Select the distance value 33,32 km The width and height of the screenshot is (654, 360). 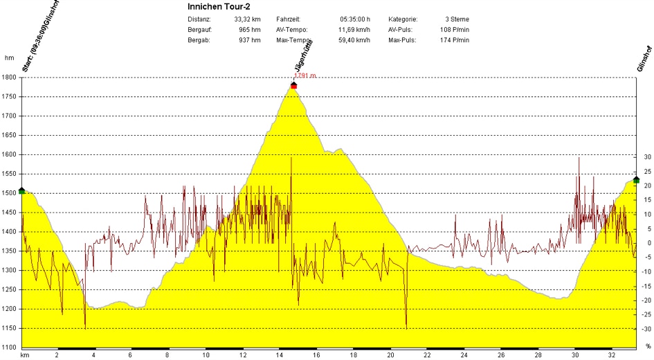[247, 19]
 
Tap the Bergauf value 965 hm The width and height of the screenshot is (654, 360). [250, 30]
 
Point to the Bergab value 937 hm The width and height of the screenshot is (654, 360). [250, 40]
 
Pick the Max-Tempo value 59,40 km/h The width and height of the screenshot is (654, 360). [352, 40]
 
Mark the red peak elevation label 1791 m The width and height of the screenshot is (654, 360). [305, 76]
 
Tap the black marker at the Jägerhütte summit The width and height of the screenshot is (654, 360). [294, 84]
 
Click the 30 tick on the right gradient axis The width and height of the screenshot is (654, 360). [647, 157]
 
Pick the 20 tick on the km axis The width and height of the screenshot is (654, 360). [390, 354]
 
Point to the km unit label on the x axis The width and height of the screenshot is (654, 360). [24, 354]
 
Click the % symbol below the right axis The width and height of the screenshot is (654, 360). [648, 346]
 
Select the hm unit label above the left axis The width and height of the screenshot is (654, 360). [9, 58]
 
